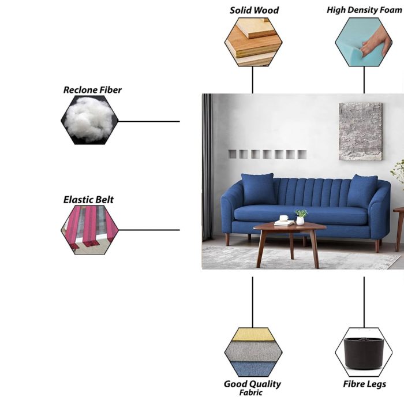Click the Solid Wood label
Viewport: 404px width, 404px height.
point(254,10)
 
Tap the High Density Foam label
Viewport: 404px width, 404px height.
point(364,10)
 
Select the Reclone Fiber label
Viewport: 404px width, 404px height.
point(92,90)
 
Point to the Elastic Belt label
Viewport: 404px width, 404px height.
point(88,200)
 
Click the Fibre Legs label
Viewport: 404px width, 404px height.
point(364,384)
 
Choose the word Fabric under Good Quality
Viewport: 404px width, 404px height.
point(250,392)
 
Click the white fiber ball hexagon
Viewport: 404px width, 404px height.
point(89,120)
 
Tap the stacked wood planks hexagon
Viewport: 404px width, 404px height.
point(253,42)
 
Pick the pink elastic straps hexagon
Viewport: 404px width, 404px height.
point(89,230)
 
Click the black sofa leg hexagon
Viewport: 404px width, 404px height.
point(364,352)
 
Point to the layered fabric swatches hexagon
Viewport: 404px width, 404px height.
point(253,352)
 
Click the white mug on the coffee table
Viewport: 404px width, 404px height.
point(284,218)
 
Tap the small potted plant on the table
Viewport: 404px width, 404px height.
point(301,217)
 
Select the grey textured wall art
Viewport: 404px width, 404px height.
point(361,132)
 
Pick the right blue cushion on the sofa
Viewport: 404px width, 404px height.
point(362,190)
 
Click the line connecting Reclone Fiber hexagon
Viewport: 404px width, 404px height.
point(149,121)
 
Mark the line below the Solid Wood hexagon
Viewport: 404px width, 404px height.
point(253,80)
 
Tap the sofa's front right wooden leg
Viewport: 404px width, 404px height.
point(377,246)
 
